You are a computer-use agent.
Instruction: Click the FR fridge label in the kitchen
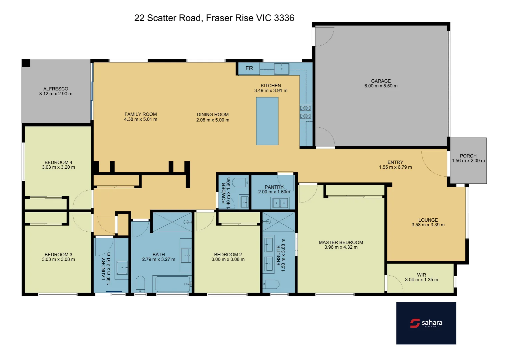point(249,68)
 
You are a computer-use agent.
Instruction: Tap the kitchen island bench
point(267,121)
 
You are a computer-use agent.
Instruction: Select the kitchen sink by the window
point(281,69)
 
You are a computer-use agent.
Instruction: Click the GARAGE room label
point(381,81)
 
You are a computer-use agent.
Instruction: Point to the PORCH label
point(468,156)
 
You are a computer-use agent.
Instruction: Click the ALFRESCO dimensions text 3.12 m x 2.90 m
point(56,94)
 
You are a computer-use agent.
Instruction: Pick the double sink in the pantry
point(280,203)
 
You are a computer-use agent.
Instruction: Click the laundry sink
point(122,268)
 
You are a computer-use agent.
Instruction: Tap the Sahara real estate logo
point(426,323)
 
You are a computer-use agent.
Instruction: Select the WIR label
point(421,275)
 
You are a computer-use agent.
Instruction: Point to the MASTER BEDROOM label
point(341,242)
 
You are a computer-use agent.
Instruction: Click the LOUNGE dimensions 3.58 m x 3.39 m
point(428,225)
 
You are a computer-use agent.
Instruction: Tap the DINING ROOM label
point(213,114)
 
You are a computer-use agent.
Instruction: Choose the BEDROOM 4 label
point(58,162)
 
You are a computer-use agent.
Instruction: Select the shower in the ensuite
point(278,222)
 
